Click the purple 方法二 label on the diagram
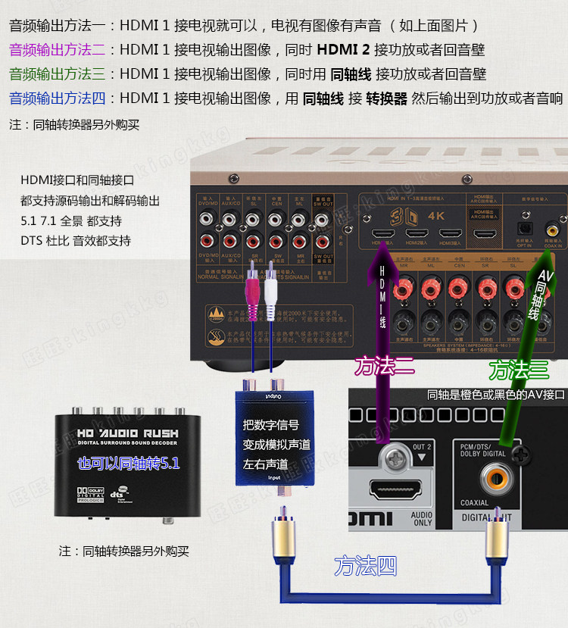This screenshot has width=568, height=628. click(x=385, y=367)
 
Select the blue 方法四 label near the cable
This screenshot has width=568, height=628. click(x=365, y=566)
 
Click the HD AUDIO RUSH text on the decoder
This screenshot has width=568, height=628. click(x=127, y=433)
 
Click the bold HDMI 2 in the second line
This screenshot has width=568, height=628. click(x=344, y=50)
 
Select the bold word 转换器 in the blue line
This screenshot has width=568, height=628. click(x=386, y=98)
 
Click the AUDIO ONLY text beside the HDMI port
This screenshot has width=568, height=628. click(x=422, y=518)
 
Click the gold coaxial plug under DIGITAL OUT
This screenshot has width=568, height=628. click(x=496, y=530)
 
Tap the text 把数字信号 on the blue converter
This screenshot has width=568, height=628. click(x=270, y=425)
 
